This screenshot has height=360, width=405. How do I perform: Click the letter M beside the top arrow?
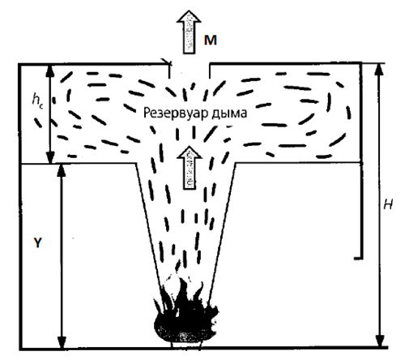coord(211,41)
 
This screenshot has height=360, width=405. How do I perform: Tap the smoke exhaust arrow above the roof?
coord(189,32)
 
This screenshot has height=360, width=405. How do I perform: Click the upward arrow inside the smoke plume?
coord(190,168)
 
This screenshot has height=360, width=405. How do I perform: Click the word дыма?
coord(229,114)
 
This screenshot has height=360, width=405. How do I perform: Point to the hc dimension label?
coord(37,100)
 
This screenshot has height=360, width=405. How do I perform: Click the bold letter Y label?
coord(38,242)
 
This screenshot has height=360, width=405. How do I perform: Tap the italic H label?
coord(388,205)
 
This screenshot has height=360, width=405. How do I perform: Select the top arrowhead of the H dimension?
coord(380,69)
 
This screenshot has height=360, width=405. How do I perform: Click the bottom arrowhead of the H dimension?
coord(380,341)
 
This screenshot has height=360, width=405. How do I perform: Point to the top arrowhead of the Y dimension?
coord(62,169)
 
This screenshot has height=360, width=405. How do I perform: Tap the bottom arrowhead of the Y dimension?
coord(62,343)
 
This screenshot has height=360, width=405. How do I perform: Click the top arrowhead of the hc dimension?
coord(49,70)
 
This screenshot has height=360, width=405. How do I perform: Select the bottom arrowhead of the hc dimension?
coord(50,157)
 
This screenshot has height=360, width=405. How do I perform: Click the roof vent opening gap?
coord(190,64)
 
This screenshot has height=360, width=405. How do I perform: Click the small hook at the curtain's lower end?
coord(359,259)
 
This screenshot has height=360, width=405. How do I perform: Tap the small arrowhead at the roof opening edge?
coord(167,62)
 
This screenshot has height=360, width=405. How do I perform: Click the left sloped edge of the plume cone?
coord(148,225)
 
